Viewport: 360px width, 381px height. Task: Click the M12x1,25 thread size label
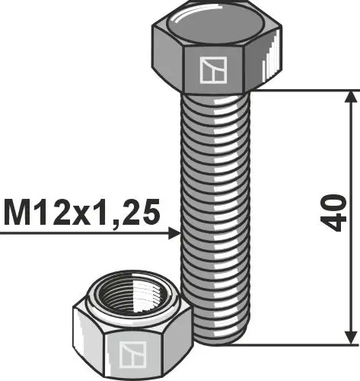pos(81,213)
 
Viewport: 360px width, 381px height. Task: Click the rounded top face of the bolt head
pos(216,22)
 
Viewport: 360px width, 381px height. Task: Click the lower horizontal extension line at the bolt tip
pos(304,344)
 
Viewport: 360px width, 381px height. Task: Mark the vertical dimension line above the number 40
pos(350,145)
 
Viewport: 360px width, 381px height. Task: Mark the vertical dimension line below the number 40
pos(350,290)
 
